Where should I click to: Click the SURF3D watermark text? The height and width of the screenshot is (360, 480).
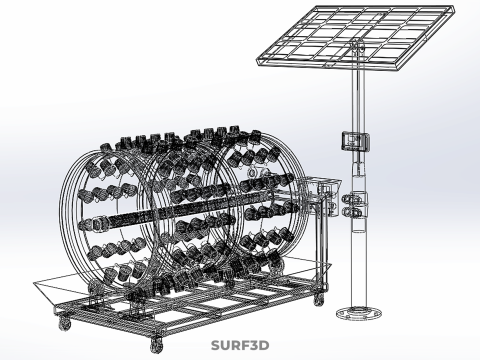[240, 345]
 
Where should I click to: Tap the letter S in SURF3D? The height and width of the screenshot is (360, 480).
[216, 345]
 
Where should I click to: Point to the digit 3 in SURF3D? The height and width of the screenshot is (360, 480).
[253, 345]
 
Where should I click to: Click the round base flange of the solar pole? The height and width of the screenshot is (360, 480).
[358, 313]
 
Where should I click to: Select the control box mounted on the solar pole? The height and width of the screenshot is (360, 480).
[355, 140]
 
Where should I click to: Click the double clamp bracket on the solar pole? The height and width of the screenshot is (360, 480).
[354, 206]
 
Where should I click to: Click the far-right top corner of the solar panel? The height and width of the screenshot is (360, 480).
[454, 7]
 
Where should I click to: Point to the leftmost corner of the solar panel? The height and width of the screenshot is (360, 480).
[257, 59]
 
